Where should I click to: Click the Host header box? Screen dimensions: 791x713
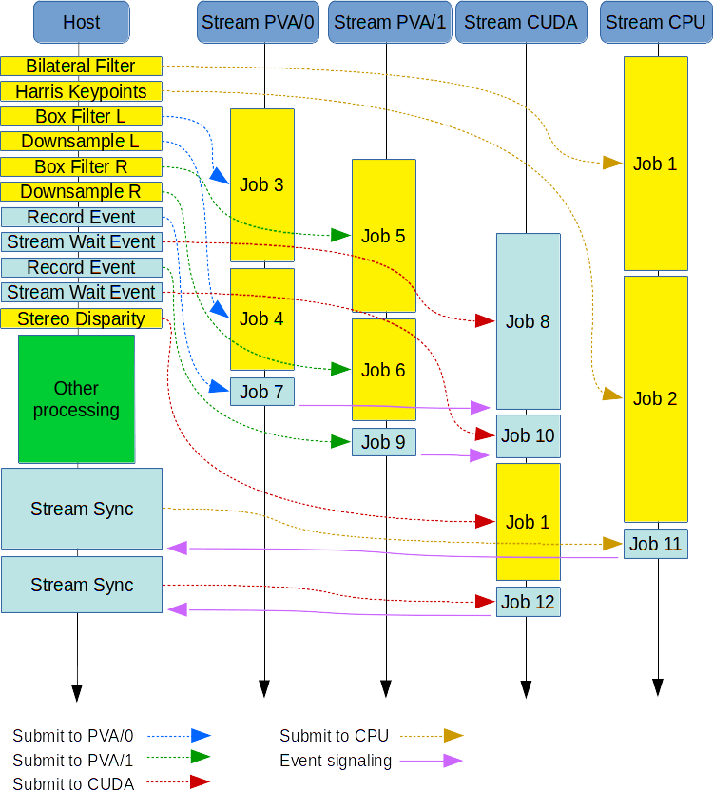click(81, 22)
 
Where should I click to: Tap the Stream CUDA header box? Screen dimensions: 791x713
click(522, 22)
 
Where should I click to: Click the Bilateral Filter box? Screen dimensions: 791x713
click(81, 67)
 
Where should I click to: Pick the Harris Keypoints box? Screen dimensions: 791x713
click(81, 91)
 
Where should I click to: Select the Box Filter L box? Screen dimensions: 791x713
click(81, 117)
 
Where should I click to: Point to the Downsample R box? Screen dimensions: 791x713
click(81, 192)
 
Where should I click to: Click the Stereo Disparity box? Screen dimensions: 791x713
click(81, 318)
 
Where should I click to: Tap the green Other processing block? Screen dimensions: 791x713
click(76, 399)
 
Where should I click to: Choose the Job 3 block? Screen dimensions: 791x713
click(261, 184)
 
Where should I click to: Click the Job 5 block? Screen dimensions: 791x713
click(383, 236)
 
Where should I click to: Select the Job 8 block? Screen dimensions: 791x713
click(528, 321)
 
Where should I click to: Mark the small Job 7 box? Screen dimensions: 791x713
click(261, 392)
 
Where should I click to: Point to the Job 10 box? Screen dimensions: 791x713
click(528, 436)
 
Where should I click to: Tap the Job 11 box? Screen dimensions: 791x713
click(655, 544)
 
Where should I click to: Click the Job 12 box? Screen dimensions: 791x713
click(528, 602)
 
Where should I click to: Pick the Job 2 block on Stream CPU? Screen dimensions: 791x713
click(655, 398)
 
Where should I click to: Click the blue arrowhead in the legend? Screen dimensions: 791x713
click(200, 735)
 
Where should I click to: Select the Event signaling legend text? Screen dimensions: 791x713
click(336, 761)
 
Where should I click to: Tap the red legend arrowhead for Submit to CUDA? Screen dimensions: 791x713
click(200, 782)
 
